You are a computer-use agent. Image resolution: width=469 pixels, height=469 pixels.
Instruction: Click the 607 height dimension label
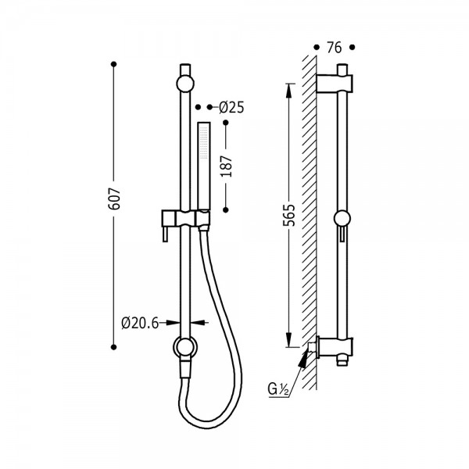[115, 199]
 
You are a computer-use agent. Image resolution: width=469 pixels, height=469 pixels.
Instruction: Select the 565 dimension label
[289, 215]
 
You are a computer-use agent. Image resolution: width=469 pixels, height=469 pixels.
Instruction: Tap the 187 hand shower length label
[227, 166]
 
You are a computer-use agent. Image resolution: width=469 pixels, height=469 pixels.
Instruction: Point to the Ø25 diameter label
[231, 107]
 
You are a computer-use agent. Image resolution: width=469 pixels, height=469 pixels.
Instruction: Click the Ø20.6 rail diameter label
[140, 323]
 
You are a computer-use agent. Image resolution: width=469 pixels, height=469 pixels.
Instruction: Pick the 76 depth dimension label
[334, 48]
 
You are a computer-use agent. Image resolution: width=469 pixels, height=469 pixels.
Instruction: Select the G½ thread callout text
[277, 389]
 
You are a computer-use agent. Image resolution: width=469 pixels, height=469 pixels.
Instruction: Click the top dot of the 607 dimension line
[113, 64]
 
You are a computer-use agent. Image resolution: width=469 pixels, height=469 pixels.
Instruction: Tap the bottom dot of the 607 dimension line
[113, 347]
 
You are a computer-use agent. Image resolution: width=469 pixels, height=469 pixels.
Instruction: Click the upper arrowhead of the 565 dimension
[288, 91]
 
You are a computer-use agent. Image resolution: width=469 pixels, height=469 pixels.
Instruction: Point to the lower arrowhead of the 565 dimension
[288, 340]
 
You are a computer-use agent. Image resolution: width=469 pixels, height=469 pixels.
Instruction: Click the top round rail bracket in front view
[185, 83]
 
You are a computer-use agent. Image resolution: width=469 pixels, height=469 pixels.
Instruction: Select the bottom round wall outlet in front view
[185, 348]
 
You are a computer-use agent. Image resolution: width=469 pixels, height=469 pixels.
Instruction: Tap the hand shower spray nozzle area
[204, 141]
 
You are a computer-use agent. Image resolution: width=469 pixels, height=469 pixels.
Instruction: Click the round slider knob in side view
[342, 218]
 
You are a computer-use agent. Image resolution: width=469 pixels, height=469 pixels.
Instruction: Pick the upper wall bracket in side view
[335, 83]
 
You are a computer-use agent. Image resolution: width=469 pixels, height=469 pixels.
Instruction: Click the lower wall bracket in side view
[335, 347]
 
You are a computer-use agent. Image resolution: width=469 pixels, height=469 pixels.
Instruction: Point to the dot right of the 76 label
[353, 47]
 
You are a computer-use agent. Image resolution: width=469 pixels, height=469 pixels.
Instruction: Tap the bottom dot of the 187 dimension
[226, 210]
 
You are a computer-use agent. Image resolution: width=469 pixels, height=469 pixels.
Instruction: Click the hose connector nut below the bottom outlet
[185, 370]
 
